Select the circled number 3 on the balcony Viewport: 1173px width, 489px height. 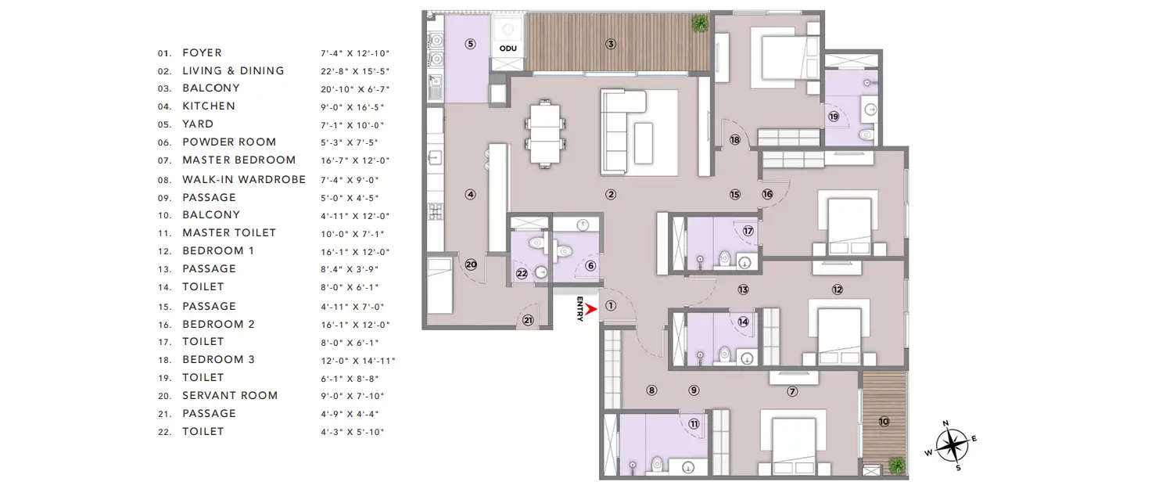611,44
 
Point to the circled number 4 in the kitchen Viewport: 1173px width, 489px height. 470,194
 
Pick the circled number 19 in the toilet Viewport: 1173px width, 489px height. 834,117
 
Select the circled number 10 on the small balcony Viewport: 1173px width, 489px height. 884,421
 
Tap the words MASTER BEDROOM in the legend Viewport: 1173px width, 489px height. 239,160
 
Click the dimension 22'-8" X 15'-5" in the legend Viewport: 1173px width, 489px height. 354,70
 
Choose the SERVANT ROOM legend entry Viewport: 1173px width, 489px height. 230,395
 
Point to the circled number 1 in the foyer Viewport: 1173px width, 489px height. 611,307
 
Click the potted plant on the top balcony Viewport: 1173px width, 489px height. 700,23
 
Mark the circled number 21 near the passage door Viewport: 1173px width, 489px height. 528,320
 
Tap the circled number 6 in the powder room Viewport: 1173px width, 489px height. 590,266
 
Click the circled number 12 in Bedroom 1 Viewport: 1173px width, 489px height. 838,289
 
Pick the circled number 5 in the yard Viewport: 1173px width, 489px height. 470,44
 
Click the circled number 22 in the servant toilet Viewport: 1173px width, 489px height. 522,273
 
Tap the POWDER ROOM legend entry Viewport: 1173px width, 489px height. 228,142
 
